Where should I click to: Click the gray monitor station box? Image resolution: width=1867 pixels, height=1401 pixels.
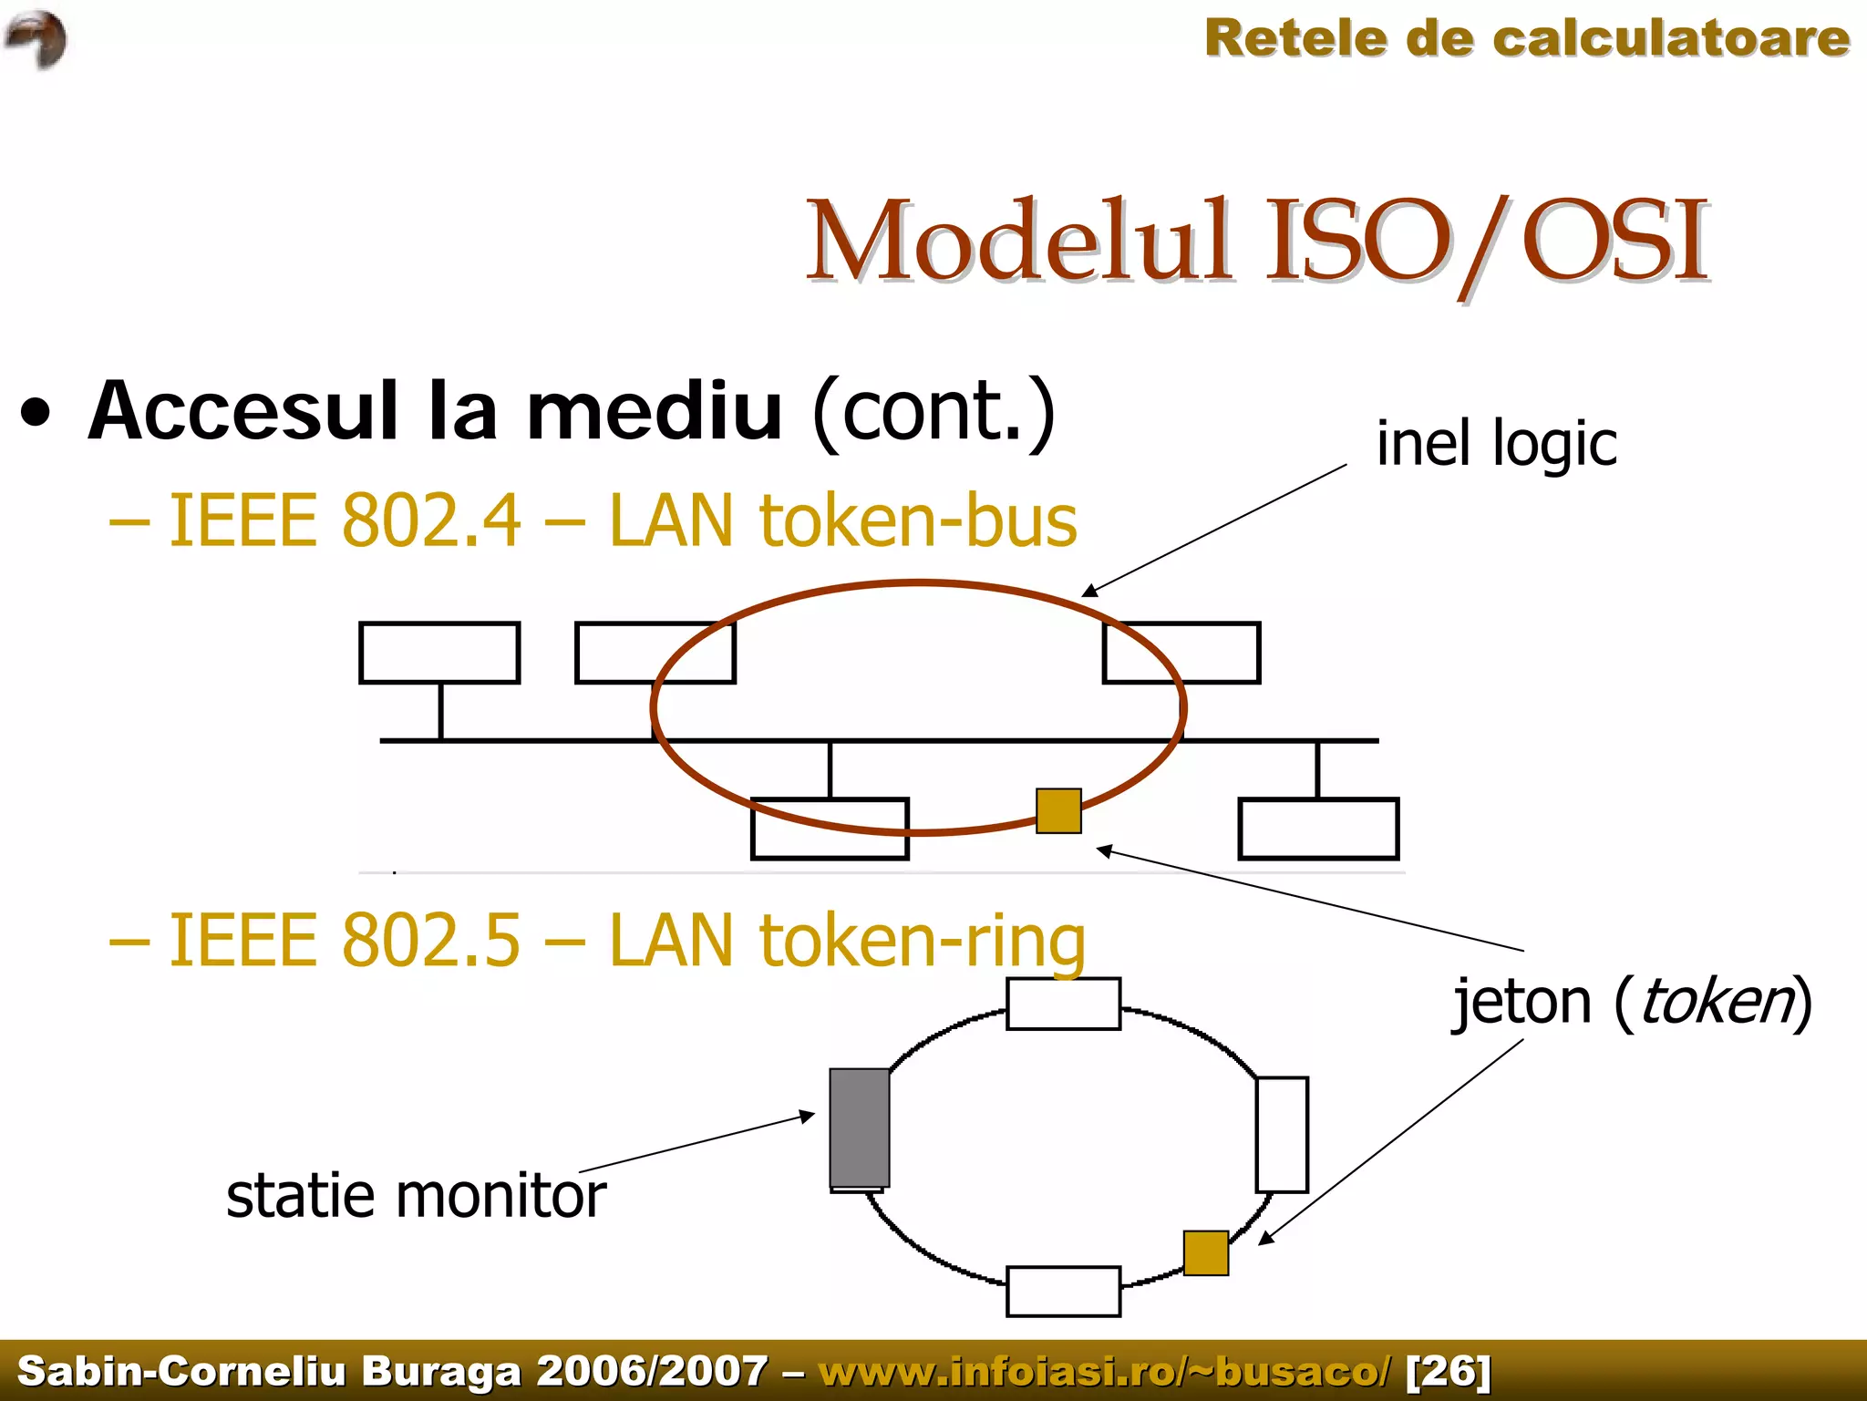pyautogui.click(x=860, y=1128)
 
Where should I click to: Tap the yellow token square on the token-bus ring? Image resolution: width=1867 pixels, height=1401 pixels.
pyautogui.click(x=1058, y=810)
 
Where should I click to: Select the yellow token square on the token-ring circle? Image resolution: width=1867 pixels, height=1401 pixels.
pyautogui.click(x=1205, y=1252)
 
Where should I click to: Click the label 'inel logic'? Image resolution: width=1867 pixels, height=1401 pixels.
pyautogui.click(x=1496, y=445)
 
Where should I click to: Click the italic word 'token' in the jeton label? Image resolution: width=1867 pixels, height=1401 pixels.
pyautogui.click(x=1716, y=1002)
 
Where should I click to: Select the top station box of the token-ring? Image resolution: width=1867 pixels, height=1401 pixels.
pyautogui.click(x=1063, y=1004)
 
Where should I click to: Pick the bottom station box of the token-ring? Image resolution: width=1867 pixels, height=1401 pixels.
pyautogui.click(x=1063, y=1291)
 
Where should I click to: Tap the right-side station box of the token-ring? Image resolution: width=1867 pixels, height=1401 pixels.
pyautogui.click(x=1282, y=1134)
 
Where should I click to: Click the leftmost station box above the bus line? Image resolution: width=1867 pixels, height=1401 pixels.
pyautogui.click(x=439, y=653)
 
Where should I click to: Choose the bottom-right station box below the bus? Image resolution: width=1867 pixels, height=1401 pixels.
pyautogui.click(x=1318, y=829)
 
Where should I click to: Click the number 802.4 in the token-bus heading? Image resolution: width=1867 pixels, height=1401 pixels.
pyautogui.click(x=431, y=520)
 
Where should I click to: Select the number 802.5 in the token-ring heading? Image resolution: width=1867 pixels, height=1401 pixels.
pyautogui.click(x=431, y=940)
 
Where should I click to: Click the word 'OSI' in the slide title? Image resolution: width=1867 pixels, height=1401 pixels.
pyautogui.click(x=1614, y=241)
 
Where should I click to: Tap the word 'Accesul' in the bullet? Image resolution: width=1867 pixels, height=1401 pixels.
pyautogui.click(x=243, y=411)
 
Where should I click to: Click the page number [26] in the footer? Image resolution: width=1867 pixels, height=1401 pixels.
pyautogui.click(x=1448, y=1370)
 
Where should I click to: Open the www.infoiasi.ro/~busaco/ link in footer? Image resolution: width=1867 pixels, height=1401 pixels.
pyautogui.click(x=1105, y=1370)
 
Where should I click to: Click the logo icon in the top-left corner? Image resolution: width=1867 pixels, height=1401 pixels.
pyautogui.click(x=36, y=38)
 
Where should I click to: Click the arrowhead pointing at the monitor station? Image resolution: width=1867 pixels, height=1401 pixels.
pyautogui.click(x=807, y=1116)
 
